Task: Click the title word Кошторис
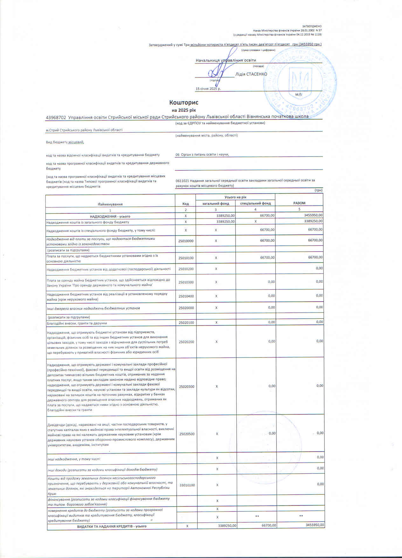point(184,103)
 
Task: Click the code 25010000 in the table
point(186,241)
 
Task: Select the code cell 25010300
point(186,282)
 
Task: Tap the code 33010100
point(187,485)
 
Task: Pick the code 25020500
point(187,434)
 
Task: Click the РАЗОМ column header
point(299,203)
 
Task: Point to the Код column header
point(185,204)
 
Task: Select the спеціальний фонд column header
point(255,203)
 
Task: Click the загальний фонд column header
point(216,203)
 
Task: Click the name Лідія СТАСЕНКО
point(251,74)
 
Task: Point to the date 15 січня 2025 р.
point(208,89)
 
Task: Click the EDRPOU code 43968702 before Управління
point(56,117)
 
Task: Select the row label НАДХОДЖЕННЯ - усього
point(110,216)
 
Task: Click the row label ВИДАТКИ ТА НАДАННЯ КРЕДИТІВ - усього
point(112,526)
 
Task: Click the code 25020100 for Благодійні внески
point(186,323)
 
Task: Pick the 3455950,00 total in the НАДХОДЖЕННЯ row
point(313,215)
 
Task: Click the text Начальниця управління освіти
point(226,60)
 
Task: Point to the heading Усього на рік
point(235,197)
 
